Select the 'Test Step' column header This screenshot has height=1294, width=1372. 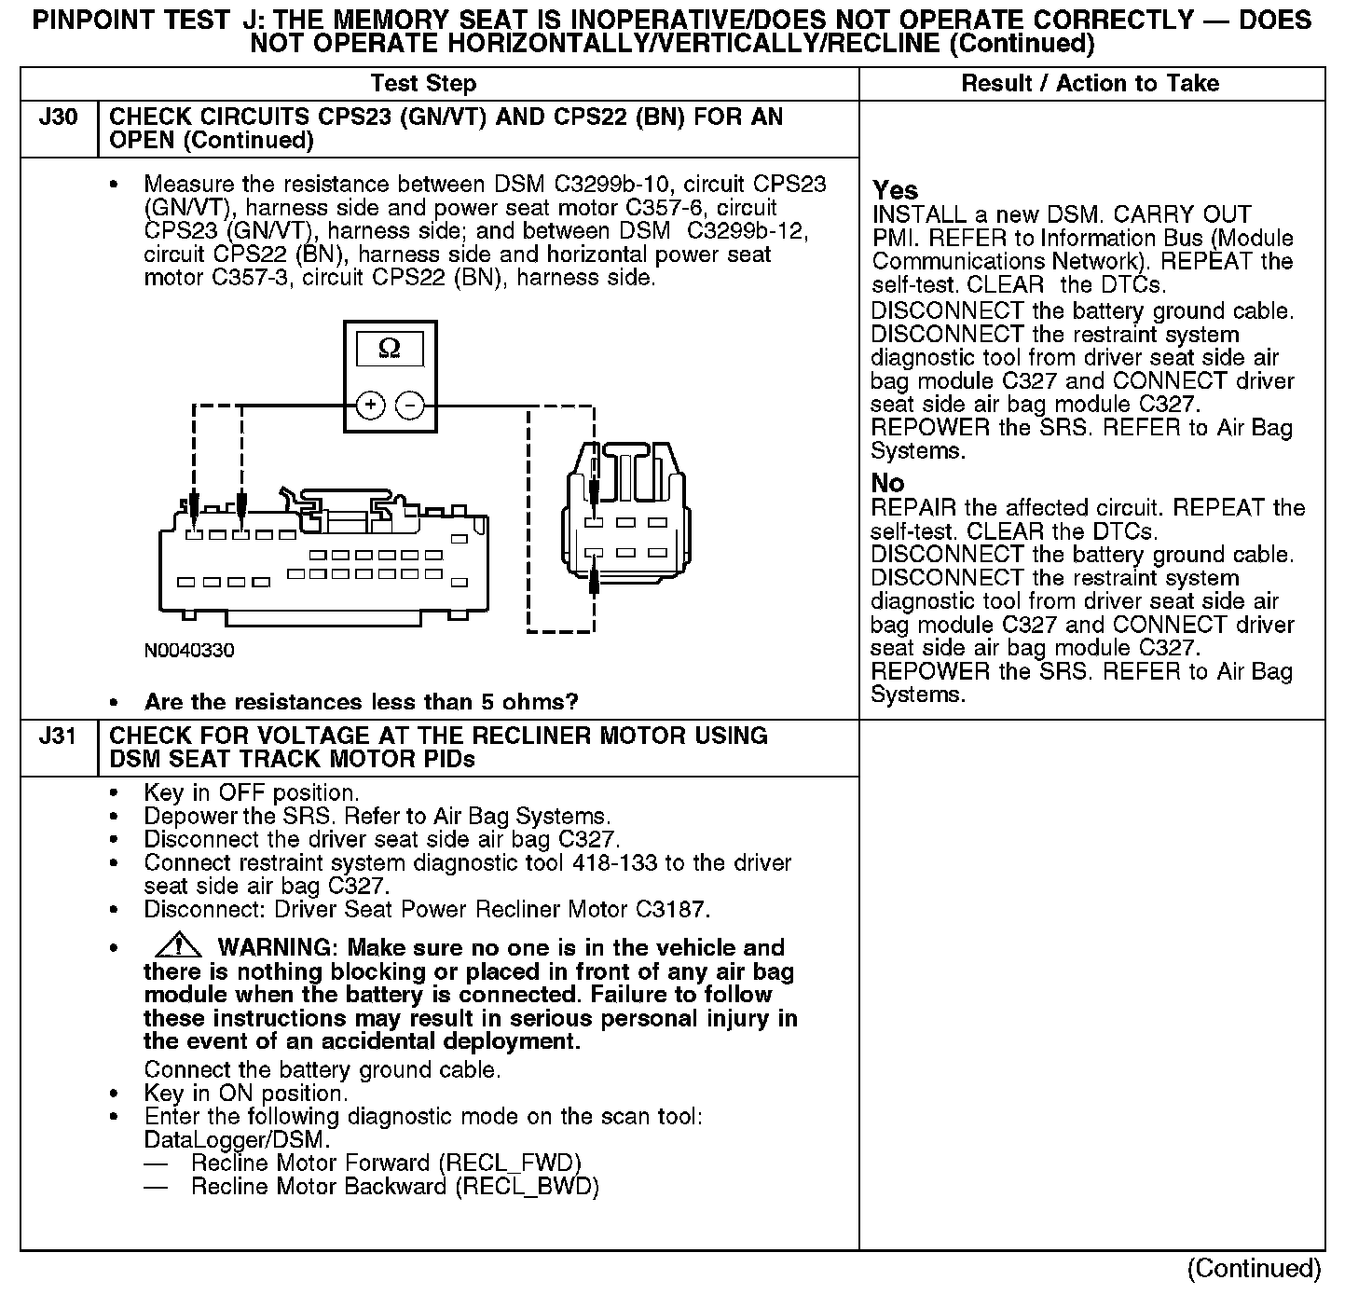tap(423, 84)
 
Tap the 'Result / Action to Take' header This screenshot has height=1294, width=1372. tap(1090, 84)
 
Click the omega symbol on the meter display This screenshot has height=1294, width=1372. tap(390, 349)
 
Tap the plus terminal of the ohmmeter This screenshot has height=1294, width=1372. tap(370, 406)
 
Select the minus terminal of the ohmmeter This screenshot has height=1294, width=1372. tap(410, 406)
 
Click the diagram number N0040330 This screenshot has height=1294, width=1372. tap(189, 650)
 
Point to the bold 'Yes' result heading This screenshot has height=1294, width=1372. tap(895, 191)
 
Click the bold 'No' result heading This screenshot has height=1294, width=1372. tap(887, 484)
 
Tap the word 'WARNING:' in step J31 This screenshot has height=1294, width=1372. tap(275, 949)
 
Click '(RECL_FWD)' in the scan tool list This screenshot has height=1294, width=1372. tap(511, 1163)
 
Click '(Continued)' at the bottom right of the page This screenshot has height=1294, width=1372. tap(1254, 1269)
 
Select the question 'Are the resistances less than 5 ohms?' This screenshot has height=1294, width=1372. tap(362, 702)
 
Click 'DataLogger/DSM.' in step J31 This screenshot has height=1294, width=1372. tap(237, 1140)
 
